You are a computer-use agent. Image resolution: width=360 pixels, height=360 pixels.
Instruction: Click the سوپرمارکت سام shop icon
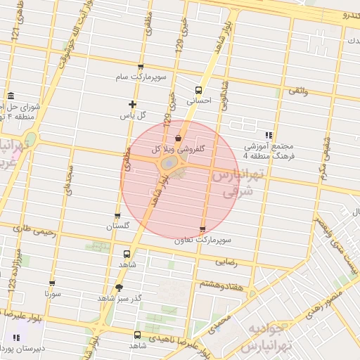pyautogui.click(x=141, y=67)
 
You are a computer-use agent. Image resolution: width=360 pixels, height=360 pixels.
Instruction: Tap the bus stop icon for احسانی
pyautogui.click(x=199, y=90)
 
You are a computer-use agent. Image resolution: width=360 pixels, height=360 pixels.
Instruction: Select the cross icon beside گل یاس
pyautogui.click(x=132, y=104)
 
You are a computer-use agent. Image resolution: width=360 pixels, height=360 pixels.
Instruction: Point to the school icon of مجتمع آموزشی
pyautogui.click(x=268, y=135)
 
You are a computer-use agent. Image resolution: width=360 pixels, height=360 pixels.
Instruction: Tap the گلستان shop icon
pyautogui.click(x=117, y=216)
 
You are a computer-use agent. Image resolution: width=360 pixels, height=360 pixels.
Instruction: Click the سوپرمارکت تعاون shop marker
pyautogui.click(x=203, y=229)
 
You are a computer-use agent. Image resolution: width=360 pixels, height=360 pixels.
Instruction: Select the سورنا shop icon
pyautogui.click(x=52, y=283)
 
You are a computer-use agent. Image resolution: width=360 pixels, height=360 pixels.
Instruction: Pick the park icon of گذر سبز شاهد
pyautogui.click(x=118, y=288)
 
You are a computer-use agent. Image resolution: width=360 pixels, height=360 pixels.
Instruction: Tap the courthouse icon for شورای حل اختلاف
pyautogui.click(x=11, y=96)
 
